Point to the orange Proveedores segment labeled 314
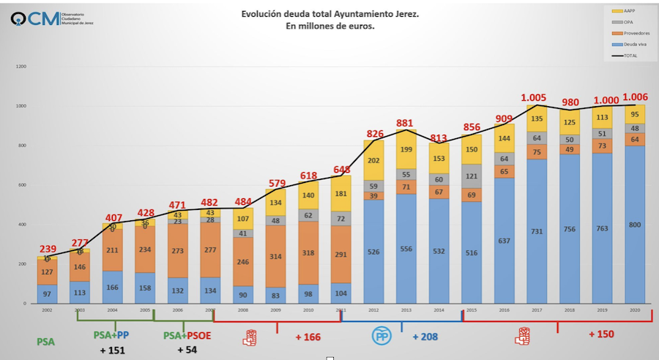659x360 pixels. pyautogui.click(x=275, y=256)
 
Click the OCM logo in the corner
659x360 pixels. pyautogui.click(x=29, y=18)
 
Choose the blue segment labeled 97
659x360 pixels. pyautogui.click(x=48, y=293)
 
